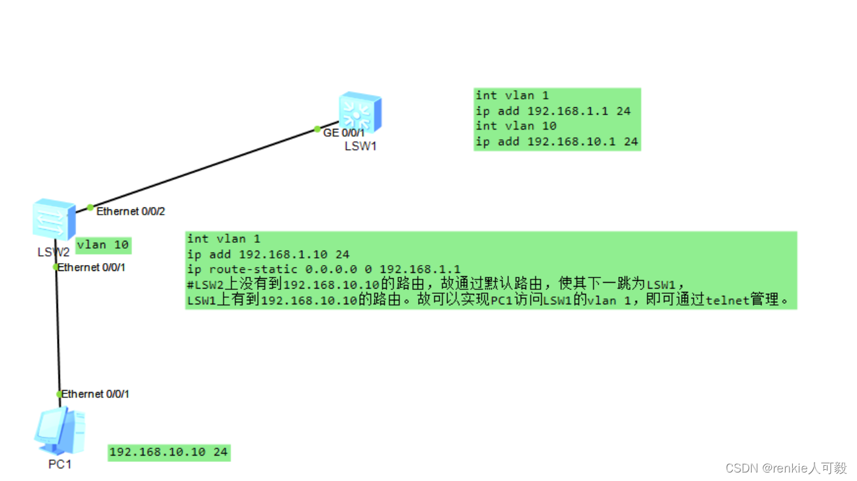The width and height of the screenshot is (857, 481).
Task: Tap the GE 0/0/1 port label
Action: pyautogui.click(x=344, y=133)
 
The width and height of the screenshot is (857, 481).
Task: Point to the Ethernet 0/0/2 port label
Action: pyautogui.click(x=131, y=211)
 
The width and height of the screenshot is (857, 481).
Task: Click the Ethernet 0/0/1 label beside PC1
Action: pyautogui.click(x=96, y=394)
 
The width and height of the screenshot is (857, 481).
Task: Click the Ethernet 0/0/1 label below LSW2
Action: pyautogui.click(x=92, y=267)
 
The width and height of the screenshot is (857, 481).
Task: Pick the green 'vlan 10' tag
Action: pyautogui.click(x=103, y=245)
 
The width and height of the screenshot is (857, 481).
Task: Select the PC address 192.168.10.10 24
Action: pyautogui.click(x=169, y=452)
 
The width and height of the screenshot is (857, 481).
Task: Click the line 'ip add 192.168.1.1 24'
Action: pyautogui.click(x=553, y=111)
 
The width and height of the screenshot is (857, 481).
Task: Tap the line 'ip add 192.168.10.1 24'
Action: pyautogui.click(x=556, y=141)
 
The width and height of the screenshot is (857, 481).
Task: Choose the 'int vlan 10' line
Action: pyautogui.click(x=516, y=126)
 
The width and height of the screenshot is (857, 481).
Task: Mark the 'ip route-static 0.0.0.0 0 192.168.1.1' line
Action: pyautogui.click(x=323, y=269)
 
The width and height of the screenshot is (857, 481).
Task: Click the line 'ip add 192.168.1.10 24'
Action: pyautogui.click(x=268, y=254)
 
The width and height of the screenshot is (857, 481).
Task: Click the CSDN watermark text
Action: pyautogui.click(x=786, y=468)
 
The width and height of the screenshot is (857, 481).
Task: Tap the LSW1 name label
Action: pyautogui.click(x=360, y=146)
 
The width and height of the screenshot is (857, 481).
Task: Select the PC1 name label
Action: pyautogui.click(x=60, y=464)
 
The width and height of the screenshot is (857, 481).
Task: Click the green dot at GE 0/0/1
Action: pyautogui.click(x=317, y=129)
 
